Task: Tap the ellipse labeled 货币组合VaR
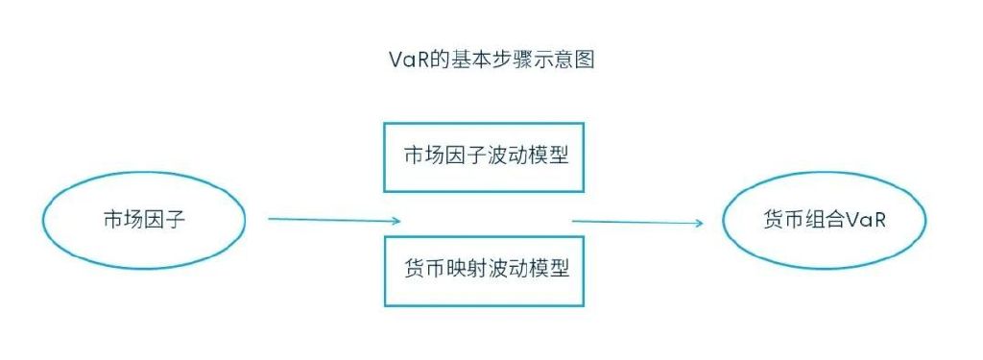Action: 825,220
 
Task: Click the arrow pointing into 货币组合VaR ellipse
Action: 637,223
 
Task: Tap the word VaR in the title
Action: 403,60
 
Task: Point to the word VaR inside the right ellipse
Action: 865,220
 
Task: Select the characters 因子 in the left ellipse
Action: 164,220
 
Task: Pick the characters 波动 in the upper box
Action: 507,156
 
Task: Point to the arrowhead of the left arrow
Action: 395,222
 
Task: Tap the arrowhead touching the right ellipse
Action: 698,224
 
